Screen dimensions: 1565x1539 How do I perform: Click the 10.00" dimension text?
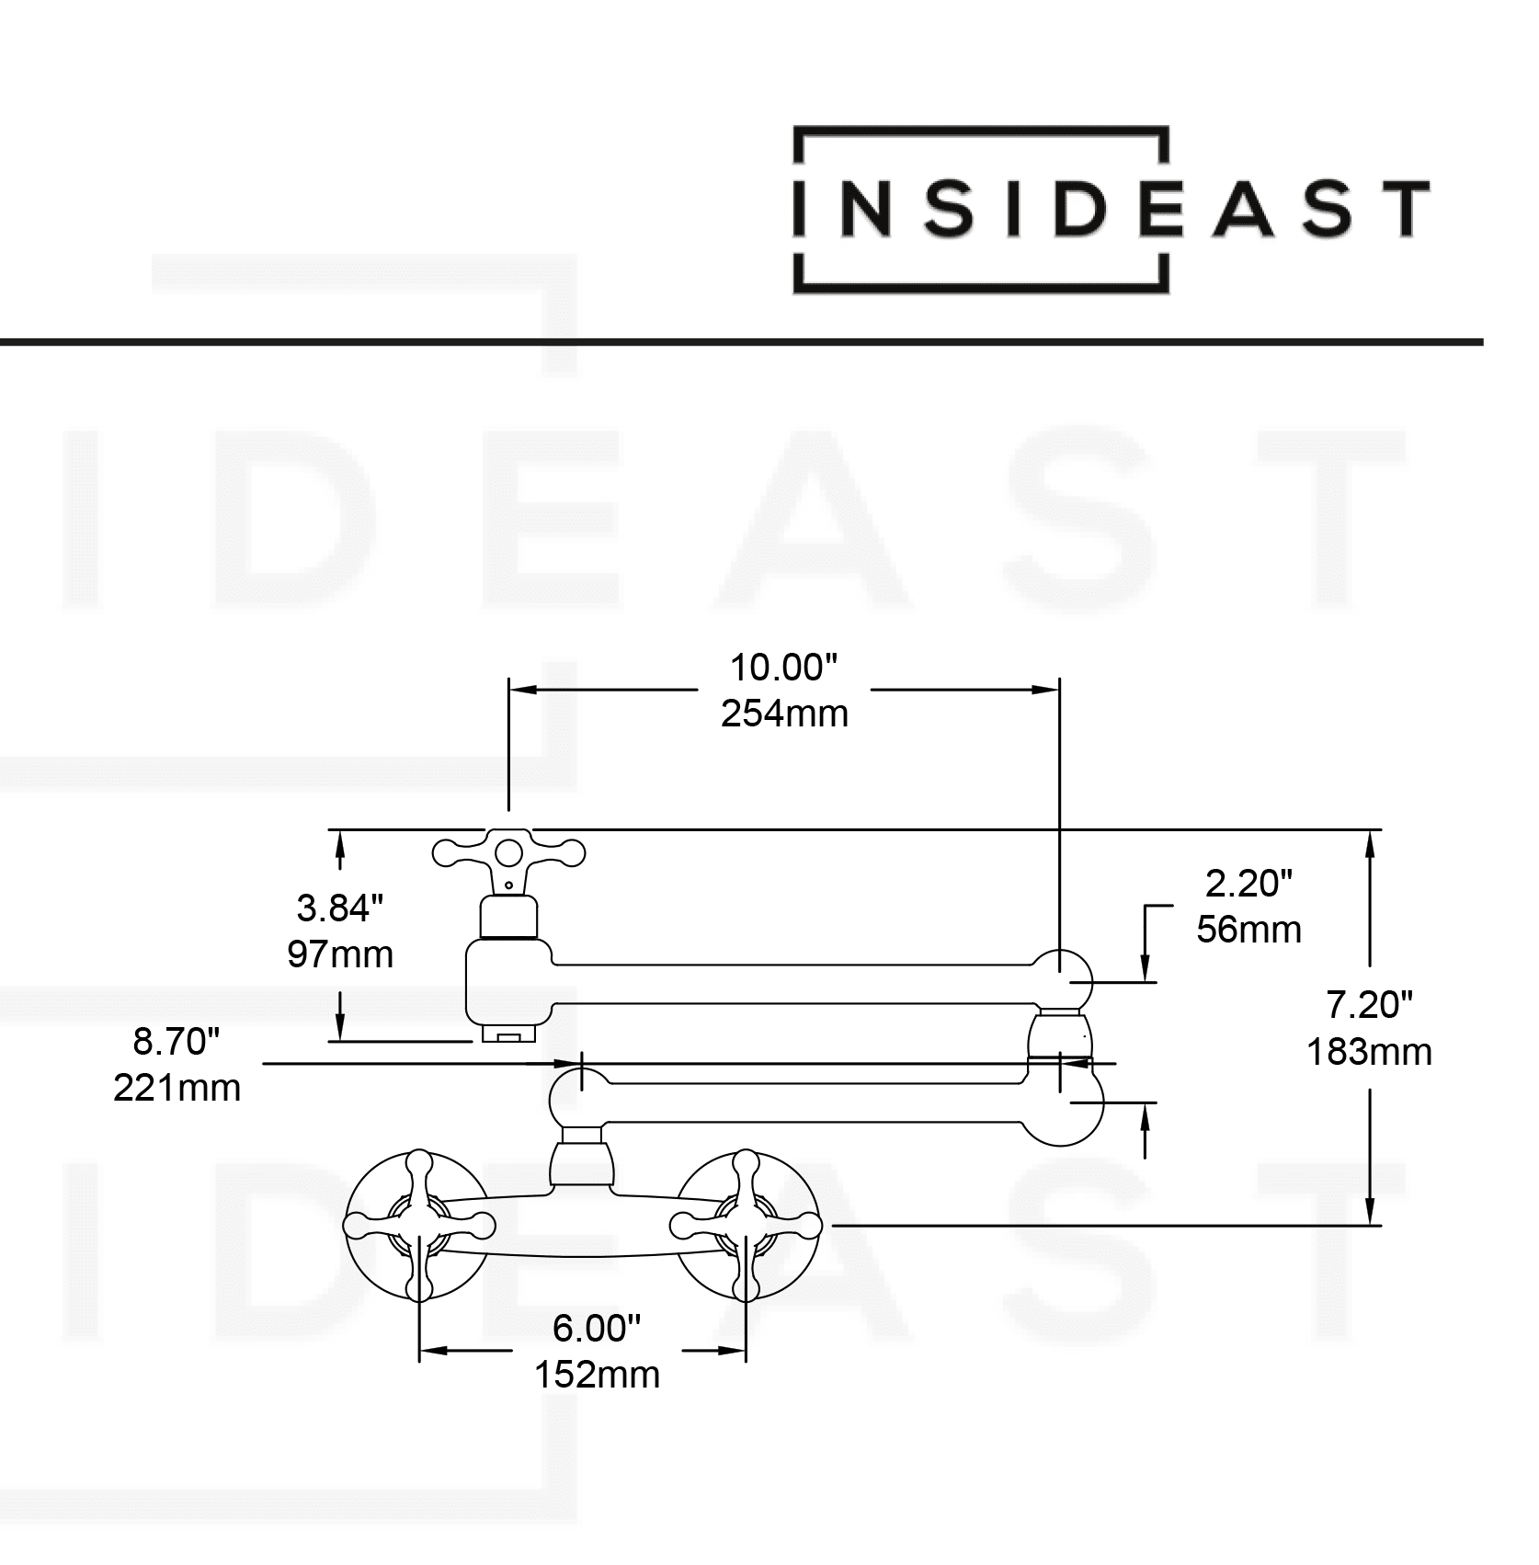(783, 668)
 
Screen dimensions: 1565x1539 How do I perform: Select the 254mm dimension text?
(784, 714)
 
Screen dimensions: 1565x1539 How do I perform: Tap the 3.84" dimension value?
(339, 908)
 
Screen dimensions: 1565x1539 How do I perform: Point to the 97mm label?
(339, 954)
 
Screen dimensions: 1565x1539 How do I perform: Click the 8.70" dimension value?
(177, 1042)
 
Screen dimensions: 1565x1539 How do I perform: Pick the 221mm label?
(177, 1088)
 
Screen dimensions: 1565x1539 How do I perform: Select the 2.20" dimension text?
(1248, 884)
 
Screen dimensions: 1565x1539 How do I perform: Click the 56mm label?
(1248, 930)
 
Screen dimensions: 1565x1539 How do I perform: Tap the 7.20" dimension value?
(1369, 1005)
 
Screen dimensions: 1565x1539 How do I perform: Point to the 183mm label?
(1369, 1052)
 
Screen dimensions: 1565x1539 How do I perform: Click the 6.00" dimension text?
(596, 1328)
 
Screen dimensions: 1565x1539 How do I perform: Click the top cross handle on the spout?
(508, 853)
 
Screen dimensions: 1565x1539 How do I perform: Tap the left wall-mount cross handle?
(418, 1226)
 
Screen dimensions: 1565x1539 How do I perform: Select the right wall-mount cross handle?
(746, 1225)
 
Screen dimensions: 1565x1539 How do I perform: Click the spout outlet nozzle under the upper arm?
(508, 1035)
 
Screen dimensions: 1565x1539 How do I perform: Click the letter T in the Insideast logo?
(1401, 209)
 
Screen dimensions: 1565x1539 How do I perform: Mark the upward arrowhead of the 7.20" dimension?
(1370, 841)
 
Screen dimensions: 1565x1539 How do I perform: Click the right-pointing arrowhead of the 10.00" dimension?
(1047, 689)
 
